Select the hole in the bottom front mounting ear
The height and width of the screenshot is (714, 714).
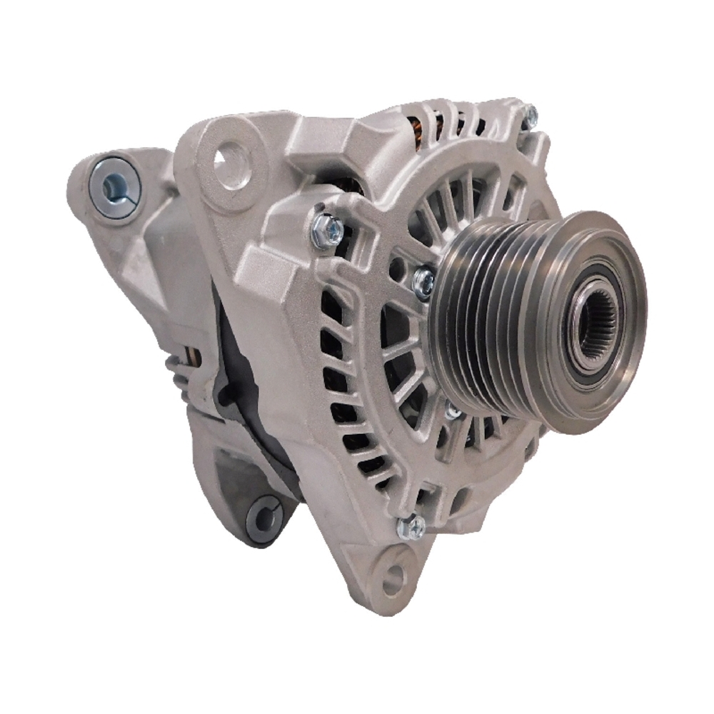[392, 582]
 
